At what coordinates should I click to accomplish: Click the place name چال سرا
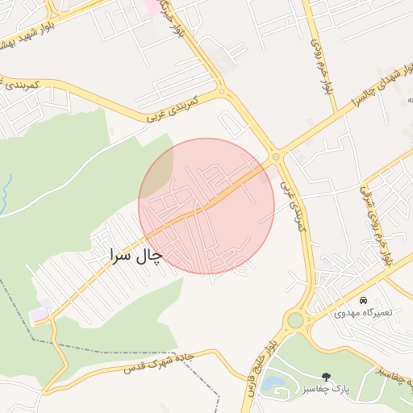(x=136, y=256)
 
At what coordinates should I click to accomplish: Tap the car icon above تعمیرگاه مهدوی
(x=363, y=299)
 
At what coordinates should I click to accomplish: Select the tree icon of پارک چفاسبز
(x=326, y=377)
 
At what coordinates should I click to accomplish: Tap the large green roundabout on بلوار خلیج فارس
(x=295, y=320)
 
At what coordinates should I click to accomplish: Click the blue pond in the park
(x=273, y=383)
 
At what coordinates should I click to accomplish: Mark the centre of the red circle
(x=206, y=206)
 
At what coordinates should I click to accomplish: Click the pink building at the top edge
(x=152, y=6)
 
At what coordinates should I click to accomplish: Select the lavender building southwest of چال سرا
(x=40, y=310)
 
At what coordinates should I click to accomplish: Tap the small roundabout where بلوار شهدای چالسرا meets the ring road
(x=276, y=156)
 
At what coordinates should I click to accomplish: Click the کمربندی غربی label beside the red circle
(x=290, y=206)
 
